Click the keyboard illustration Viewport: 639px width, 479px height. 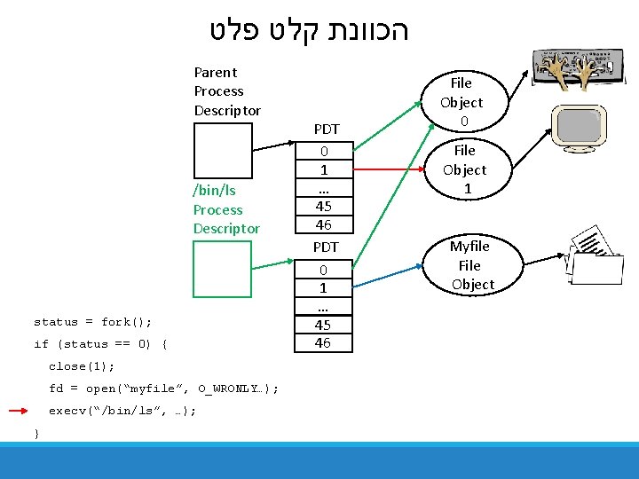pos(579,68)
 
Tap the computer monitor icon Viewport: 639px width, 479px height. pos(579,129)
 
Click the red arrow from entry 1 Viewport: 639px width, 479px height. pos(389,169)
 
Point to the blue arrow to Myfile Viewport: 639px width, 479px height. pos(388,276)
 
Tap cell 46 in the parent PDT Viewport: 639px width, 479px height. pos(324,224)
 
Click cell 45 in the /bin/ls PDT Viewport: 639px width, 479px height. pos(323,325)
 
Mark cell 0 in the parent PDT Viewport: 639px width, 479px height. pos(324,151)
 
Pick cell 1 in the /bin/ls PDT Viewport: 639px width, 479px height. pos(323,288)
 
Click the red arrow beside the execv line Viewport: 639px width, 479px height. pos(19,411)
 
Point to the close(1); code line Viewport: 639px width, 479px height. pos(82,366)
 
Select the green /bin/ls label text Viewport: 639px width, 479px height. pos(215,191)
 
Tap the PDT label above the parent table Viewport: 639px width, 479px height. pos(327,130)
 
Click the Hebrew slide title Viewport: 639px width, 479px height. pos(310,30)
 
